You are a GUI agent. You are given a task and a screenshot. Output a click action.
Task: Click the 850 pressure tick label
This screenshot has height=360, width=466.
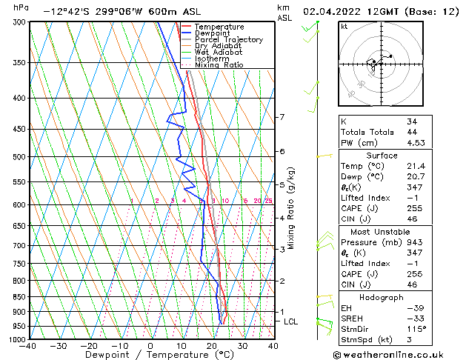click(18, 297)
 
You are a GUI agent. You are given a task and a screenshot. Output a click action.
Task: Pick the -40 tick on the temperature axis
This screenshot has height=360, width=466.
click(28, 346)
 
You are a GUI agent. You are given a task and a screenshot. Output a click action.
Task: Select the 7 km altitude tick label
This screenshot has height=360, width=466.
click(282, 117)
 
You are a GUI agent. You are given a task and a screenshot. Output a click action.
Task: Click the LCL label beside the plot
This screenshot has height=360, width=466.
click(291, 321)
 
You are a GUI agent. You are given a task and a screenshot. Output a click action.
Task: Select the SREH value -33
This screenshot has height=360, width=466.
click(414, 319)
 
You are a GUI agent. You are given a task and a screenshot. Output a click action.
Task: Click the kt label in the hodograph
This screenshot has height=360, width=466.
click(344, 27)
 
